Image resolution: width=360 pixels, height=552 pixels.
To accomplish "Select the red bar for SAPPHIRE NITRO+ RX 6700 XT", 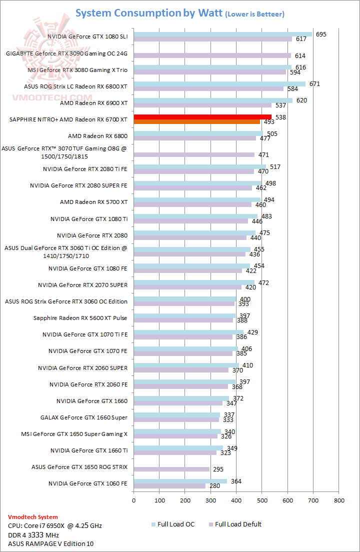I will tap(202, 117).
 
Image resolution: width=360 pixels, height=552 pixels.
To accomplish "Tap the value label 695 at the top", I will tap(321, 34).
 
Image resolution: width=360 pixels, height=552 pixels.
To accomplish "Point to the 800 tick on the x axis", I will tap(339, 499).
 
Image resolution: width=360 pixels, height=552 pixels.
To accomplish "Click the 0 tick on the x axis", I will tap(133, 499).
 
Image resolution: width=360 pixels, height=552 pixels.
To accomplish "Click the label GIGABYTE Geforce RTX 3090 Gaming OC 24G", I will tap(66, 53).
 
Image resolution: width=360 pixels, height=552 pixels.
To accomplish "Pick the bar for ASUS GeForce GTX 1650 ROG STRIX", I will tap(171, 469).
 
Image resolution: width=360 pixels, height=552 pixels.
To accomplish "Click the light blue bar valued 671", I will tap(219, 84).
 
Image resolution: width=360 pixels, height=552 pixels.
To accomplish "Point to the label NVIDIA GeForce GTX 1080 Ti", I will tap(89, 218).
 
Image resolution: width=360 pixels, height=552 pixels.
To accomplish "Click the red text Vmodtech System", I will tap(33, 517).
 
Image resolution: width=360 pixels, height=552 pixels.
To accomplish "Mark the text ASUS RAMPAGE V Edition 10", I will tap(50, 543).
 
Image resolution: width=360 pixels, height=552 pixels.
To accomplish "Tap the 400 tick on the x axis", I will tap(236, 499).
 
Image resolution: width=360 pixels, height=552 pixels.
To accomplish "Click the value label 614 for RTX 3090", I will tap(300, 56).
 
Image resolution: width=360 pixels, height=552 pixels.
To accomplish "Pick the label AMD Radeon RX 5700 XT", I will tap(93, 202).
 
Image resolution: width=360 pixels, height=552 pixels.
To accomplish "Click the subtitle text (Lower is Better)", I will tap(255, 14).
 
